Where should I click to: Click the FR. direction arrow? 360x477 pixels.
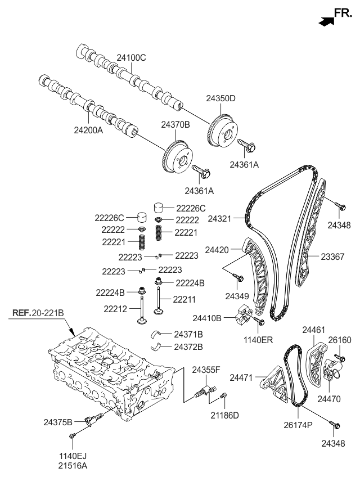click(325, 21)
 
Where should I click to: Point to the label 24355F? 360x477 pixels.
click(206, 370)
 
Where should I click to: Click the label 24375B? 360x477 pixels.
click(58, 421)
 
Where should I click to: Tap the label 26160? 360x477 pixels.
click(340, 340)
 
